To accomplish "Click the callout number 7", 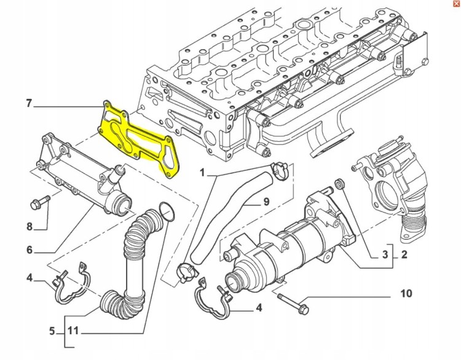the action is pos(29,103).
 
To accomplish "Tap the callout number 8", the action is pos(30,226).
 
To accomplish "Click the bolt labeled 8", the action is pos(40,202).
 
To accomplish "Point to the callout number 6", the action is pos(30,250).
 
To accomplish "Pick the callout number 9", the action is pos(266,202).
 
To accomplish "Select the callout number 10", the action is pos(406,293).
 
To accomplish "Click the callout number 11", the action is pos(73,331).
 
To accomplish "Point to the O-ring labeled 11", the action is pos(167,211).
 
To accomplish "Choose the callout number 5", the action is pos(52,331).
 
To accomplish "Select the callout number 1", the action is pos(202,173).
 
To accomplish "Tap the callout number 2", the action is pos(404,254).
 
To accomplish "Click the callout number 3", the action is pos(385,254).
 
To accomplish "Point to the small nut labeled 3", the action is pos(340,184).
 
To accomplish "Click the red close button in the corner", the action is pos(456,2).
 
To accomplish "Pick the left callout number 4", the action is pos(30,278).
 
